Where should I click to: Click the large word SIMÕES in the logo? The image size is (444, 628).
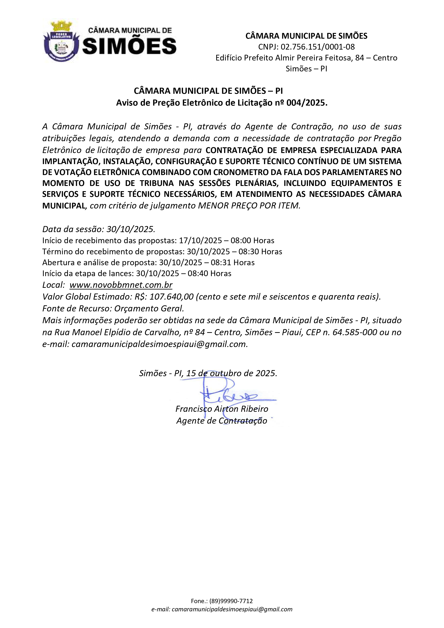pyautogui.click(x=129, y=46)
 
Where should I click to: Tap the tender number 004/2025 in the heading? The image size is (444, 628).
pyautogui.click(x=306, y=103)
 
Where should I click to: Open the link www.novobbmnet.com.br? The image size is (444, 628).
pyautogui.click(x=121, y=285)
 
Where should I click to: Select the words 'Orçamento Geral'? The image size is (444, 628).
pyautogui.click(x=149, y=309)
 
